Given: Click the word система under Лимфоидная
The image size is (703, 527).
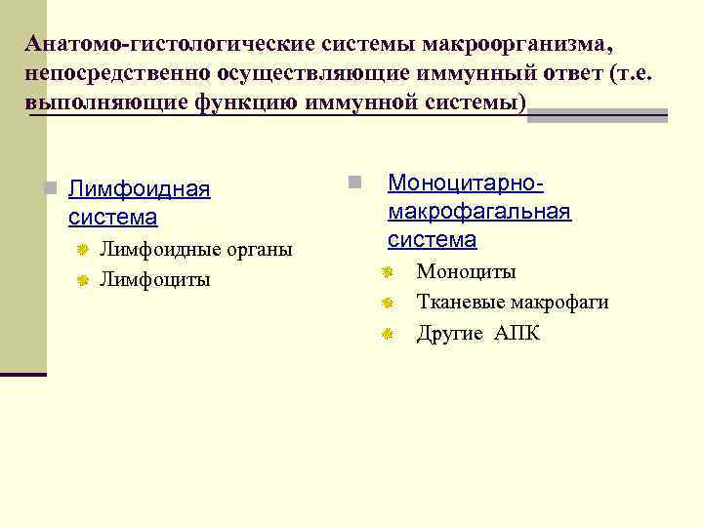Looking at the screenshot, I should (x=113, y=217).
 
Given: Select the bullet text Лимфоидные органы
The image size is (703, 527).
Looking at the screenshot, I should (x=196, y=250).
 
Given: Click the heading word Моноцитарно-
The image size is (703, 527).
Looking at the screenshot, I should (x=466, y=182).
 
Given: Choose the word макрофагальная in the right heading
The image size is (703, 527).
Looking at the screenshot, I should (x=479, y=211).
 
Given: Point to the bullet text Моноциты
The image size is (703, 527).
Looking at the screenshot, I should (x=466, y=272).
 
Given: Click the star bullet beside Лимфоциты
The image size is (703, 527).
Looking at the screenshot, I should (x=83, y=281).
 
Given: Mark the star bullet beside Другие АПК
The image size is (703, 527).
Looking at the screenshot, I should (x=387, y=335).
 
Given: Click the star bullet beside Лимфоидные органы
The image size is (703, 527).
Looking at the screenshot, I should (x=83, y=251).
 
